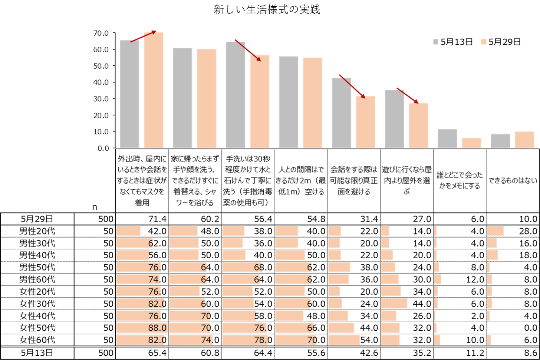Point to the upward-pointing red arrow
click(144, 36)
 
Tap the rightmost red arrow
click(407, 95)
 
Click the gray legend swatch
click(435, 42)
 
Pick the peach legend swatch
click(484, 42)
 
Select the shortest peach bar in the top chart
click(471, 143)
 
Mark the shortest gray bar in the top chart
click(500, 141)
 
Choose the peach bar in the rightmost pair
click(524, 140)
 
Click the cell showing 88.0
click(157, 328)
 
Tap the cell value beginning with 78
click(261, 340)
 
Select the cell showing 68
click(259, 267)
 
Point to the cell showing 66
click(312, 328)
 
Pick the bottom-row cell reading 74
click(207, 340)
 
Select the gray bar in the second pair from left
click(182, 98)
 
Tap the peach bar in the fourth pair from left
click(312, 102)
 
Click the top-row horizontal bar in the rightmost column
click(495, 231)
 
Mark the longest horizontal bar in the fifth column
click(344, 340)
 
